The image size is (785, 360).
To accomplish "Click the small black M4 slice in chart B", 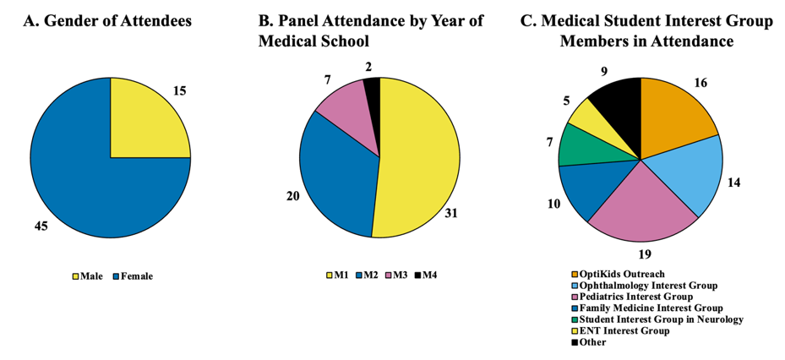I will (x=373, y=85).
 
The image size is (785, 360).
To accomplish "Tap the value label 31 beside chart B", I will (x=451, y=213).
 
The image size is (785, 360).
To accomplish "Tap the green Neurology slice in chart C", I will (x=577, y=145).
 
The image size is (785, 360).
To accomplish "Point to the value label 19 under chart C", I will (x=646, y=254).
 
